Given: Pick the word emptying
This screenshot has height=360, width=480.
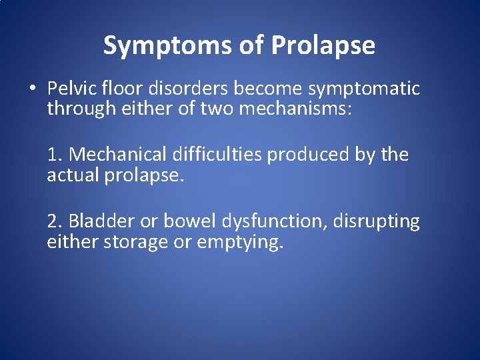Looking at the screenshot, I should (239, 243).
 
